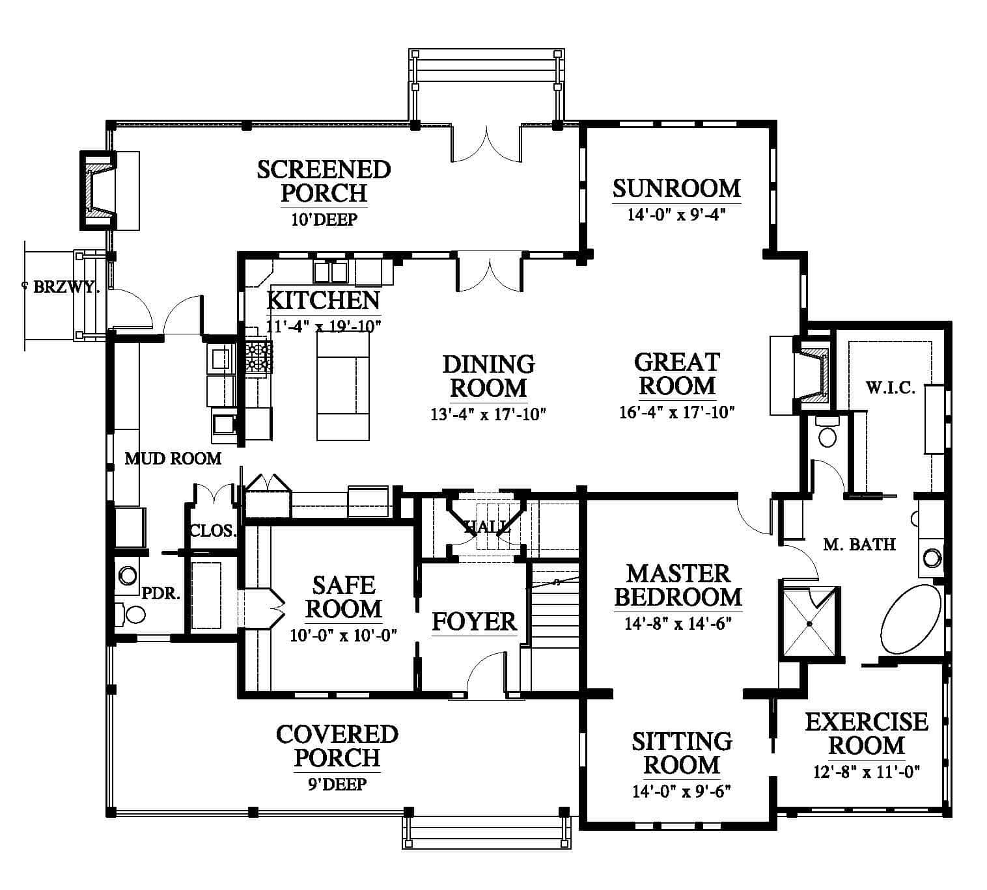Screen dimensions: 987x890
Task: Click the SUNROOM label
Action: (676, 189)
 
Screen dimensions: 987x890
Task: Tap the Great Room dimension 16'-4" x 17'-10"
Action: (677, 412)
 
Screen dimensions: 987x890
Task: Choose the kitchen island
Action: (343, 386)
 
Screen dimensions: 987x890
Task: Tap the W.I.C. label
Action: (891, 388)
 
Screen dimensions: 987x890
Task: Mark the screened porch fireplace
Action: (98, 190)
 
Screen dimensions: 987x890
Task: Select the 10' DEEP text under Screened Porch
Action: (324, 219)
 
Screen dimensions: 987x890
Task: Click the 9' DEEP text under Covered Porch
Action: (337, 784)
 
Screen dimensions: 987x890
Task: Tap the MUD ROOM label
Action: (173, 459)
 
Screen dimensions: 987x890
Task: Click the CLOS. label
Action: (214, 531)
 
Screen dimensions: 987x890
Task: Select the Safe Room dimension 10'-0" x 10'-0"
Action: (344, 636)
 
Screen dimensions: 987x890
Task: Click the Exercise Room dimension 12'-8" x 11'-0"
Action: (867, 772)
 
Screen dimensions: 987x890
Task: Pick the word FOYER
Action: (475, 621)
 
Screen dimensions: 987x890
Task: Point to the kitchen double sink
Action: (330, 272)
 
